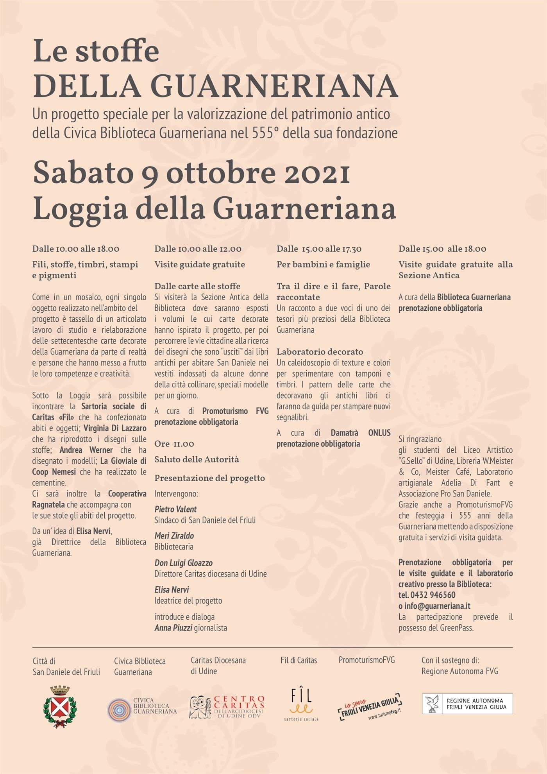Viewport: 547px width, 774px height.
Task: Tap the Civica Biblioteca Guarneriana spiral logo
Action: (x=119, y=710)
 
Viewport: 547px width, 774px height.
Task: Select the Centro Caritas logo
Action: (x=227, y=707)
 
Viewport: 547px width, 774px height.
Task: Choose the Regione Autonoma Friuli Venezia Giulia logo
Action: (x=467, y=704)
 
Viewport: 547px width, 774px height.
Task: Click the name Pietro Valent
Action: (x=175, y=509)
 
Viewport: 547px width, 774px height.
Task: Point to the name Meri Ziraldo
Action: (x=174, y=536)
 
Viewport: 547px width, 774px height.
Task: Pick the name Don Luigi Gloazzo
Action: (x=183, y=563)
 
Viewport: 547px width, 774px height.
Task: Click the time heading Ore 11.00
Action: (x=174, y=444)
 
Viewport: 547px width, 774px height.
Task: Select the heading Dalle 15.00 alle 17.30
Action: (x=319, y=249)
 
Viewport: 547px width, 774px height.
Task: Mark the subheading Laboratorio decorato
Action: (x=320, y=351)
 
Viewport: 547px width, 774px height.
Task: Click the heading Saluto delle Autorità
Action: (x=197, y=459)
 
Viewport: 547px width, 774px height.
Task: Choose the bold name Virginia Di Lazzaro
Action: (x=115, y=428)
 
